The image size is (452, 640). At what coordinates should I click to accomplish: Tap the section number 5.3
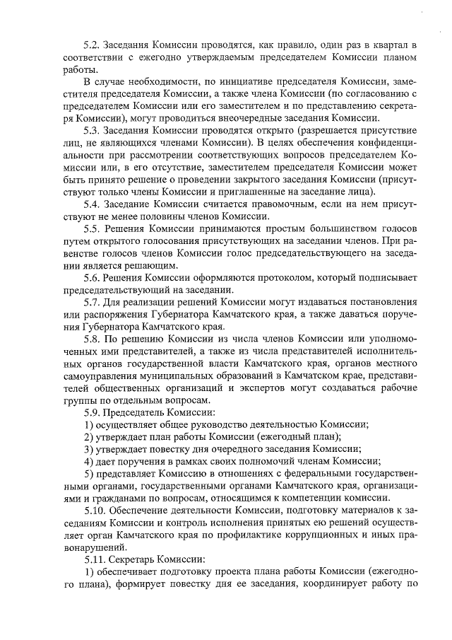click(x=93, y=131)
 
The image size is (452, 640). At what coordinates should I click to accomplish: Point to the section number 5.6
click(x=93, y=277)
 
